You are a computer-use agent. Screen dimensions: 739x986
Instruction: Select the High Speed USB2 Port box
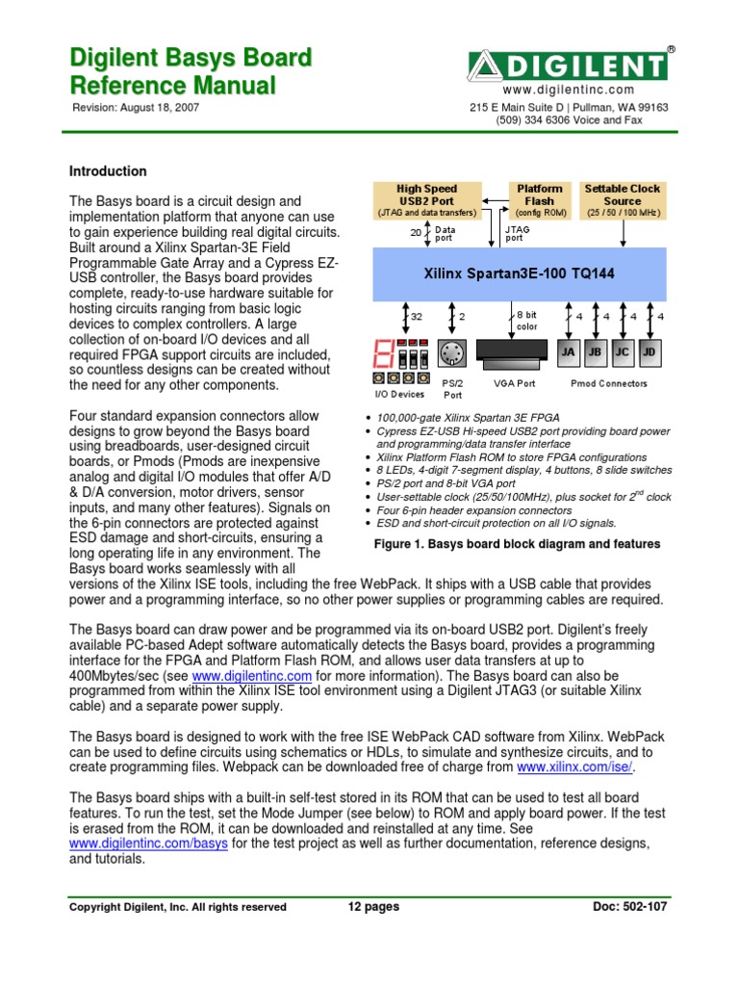[x=427, y=200]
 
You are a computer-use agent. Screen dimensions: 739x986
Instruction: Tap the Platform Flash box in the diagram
[x=540, y=200]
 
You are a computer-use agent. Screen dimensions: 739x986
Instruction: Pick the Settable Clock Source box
[x=623, y=200]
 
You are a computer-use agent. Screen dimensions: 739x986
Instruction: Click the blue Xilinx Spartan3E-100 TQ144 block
[x=520, y=274]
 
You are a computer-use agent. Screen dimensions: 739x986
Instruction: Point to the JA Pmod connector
[x=568, y=352]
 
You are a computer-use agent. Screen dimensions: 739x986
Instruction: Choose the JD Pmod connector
[x=650, y=352]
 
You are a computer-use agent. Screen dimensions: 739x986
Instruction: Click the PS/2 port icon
[x=452, y=353]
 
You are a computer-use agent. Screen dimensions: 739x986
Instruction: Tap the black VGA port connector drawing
[x=512, y=354]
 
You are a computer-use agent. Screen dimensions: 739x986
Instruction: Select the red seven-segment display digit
[x=383, y=353]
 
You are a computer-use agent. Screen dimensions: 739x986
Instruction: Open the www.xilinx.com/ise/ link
[x=574, y=767]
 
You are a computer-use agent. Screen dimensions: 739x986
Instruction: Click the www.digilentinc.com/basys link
[x=148, y=843]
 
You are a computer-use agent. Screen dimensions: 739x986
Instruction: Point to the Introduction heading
[x=108, y=171]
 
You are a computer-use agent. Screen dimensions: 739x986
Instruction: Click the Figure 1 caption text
[x=517, y=544]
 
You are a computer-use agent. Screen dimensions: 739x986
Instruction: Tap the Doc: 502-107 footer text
[x=629, y=906]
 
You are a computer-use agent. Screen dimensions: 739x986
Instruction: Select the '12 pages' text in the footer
[x=374, y=906]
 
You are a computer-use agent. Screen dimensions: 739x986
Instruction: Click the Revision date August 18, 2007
[x=160, y=108]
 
